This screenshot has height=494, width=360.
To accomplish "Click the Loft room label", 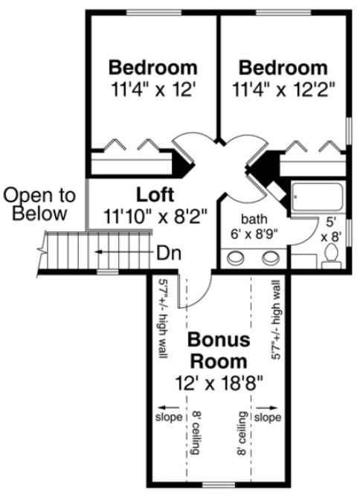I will coord(155,196).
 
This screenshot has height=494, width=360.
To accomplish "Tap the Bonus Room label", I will coord(216,350).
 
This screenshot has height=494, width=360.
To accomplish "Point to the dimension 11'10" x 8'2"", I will coord(155,216).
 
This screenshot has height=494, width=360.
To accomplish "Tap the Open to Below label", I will coord(39,205).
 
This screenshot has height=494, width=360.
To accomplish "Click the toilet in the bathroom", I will coord(332,257).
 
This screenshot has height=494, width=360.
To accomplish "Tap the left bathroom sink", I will coord(237,258).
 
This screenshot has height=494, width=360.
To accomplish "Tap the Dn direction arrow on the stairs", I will coord(126,253).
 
